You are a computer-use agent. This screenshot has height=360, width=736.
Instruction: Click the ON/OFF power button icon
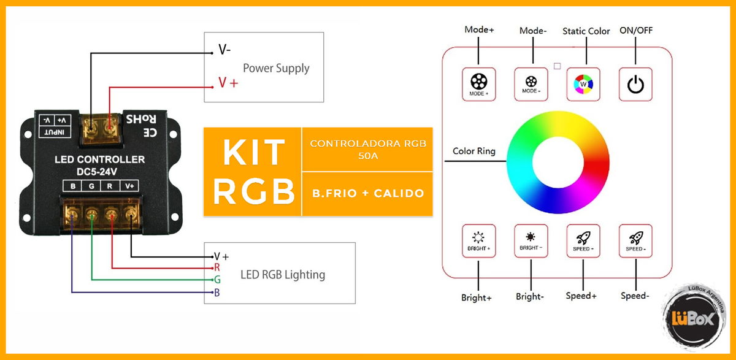pos(635,83)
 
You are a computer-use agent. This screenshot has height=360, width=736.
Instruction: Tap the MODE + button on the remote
pos(478,83)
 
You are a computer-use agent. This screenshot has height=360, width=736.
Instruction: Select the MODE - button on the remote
pos(531,83)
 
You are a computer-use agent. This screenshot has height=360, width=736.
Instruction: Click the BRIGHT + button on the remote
pos(478,240)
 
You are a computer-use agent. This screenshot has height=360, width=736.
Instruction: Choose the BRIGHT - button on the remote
pos(531,240)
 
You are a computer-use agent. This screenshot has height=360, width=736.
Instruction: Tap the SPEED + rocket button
pos(583,240)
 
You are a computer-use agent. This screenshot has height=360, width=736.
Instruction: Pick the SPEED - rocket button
pos(635,240)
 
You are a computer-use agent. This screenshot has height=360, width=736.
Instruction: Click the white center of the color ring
pos(558,162)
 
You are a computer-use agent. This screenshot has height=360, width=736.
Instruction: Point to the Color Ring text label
pos(474,151)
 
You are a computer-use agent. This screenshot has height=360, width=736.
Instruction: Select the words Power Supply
pos(276,68)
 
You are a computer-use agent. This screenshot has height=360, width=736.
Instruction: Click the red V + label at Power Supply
pos(228,82)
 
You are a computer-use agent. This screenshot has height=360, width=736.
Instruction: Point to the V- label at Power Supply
pos(224,50)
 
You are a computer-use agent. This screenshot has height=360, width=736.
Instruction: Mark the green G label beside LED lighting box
pos(217,280)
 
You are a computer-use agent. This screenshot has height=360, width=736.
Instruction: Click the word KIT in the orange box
pos(253,153)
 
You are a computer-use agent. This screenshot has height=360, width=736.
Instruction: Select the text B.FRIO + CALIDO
pos(367,194)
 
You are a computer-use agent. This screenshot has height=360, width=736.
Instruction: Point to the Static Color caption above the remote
pos(586,31)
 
